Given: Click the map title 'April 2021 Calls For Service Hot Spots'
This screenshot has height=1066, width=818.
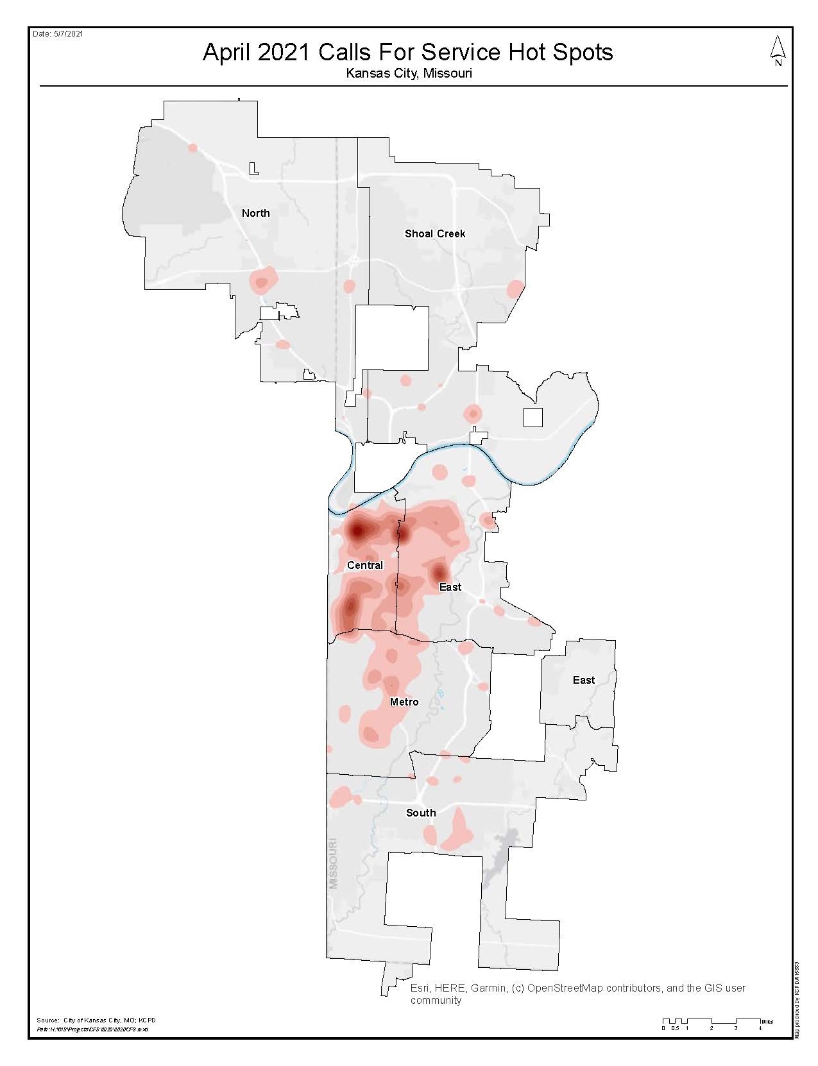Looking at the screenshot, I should coord(408,52).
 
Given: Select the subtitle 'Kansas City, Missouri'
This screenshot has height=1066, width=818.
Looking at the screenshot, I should coord(409,73).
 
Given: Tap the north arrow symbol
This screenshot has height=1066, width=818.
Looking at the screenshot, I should coord(778,51).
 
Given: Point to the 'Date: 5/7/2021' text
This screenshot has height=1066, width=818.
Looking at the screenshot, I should coord(58,34).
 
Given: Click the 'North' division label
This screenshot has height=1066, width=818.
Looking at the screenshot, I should coord(255,213).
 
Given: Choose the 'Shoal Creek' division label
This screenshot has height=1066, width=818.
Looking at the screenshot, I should coord(435,233).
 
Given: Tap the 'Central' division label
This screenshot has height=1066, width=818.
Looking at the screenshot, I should coord(364,565).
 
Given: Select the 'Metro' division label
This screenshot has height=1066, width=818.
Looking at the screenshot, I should coord(404,702).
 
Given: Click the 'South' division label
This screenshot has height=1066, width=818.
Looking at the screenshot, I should coord(421,813).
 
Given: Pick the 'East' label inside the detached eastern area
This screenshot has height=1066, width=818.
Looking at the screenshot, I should coord(583,680).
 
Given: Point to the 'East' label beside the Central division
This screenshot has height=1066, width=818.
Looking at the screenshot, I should coord(450,587).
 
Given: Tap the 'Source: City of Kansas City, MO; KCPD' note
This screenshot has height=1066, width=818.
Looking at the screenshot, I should coord(96,1020).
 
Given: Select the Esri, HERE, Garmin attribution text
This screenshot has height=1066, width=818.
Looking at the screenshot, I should coord(577,994).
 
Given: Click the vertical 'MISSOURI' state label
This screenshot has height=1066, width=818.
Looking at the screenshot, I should coord(333,863).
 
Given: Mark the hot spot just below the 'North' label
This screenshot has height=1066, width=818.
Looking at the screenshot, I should coord(262,281).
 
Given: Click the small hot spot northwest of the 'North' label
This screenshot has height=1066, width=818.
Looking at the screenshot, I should coord(192,148).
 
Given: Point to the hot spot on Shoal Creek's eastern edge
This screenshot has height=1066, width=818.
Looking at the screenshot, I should coord(515,289).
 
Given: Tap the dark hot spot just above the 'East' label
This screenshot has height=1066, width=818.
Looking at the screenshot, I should coord(439,571).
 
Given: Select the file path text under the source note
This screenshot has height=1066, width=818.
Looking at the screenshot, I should coord(92,1029).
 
